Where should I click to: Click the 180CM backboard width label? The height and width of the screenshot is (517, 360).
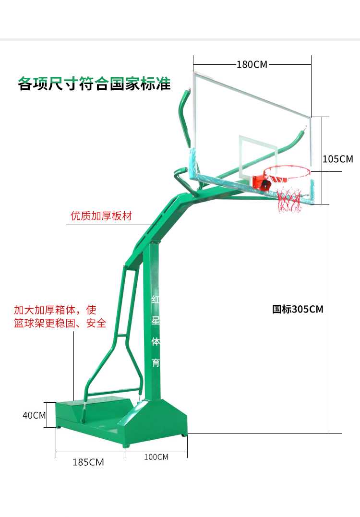[x=252, y=64]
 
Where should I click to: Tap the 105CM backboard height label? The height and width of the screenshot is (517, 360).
[x=338, y=159]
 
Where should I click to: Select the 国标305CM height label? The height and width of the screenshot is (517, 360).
[x=298, y=309]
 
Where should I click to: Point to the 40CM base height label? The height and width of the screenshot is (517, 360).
[x=34, y=415]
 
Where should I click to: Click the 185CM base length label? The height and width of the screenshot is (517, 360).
[x=88, y=462]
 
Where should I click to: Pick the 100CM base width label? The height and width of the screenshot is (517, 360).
[x=156, y=457]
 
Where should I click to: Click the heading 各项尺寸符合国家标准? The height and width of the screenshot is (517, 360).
[x=94, y=84]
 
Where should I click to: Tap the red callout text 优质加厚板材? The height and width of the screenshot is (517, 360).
[x=101, y=216]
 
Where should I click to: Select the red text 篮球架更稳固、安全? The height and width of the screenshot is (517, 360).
[x=60, y=323]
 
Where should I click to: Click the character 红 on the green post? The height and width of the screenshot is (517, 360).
[x=155, y=300]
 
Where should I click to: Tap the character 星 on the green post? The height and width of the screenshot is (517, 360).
[x=155, y=320]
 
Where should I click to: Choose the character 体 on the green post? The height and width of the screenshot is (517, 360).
[x=155, y=341]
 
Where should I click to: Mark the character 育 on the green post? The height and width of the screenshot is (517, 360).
[x=155, y=362]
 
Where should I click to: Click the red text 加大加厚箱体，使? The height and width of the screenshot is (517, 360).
[x=55, y=310]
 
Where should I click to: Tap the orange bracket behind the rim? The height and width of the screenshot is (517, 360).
[x=261, y=183]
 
